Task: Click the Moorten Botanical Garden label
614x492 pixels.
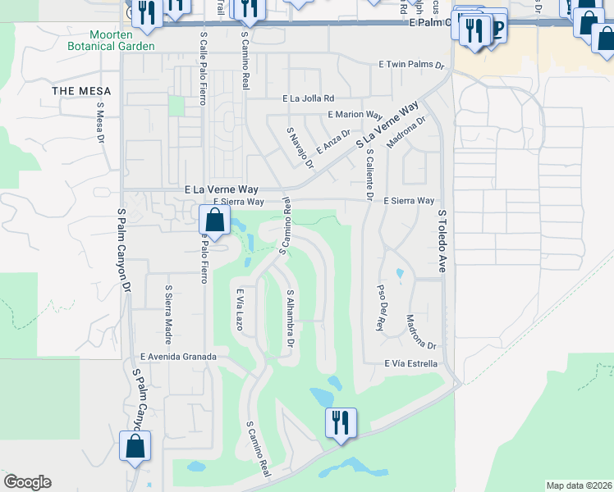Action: pos(122,40)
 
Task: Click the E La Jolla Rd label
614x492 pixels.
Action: pos(308,98)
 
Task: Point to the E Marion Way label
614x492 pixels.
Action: pos(355,115)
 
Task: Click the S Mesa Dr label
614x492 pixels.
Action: pos(101,121)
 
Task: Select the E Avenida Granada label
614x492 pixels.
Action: pos(178,357)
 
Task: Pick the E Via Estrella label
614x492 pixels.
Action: pos(410,363)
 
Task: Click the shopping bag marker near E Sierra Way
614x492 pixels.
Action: pos(214,221)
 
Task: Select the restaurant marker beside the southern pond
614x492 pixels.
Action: pos(338,421)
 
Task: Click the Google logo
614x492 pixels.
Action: pos(27,482)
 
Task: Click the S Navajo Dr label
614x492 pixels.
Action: pos(300,148)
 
